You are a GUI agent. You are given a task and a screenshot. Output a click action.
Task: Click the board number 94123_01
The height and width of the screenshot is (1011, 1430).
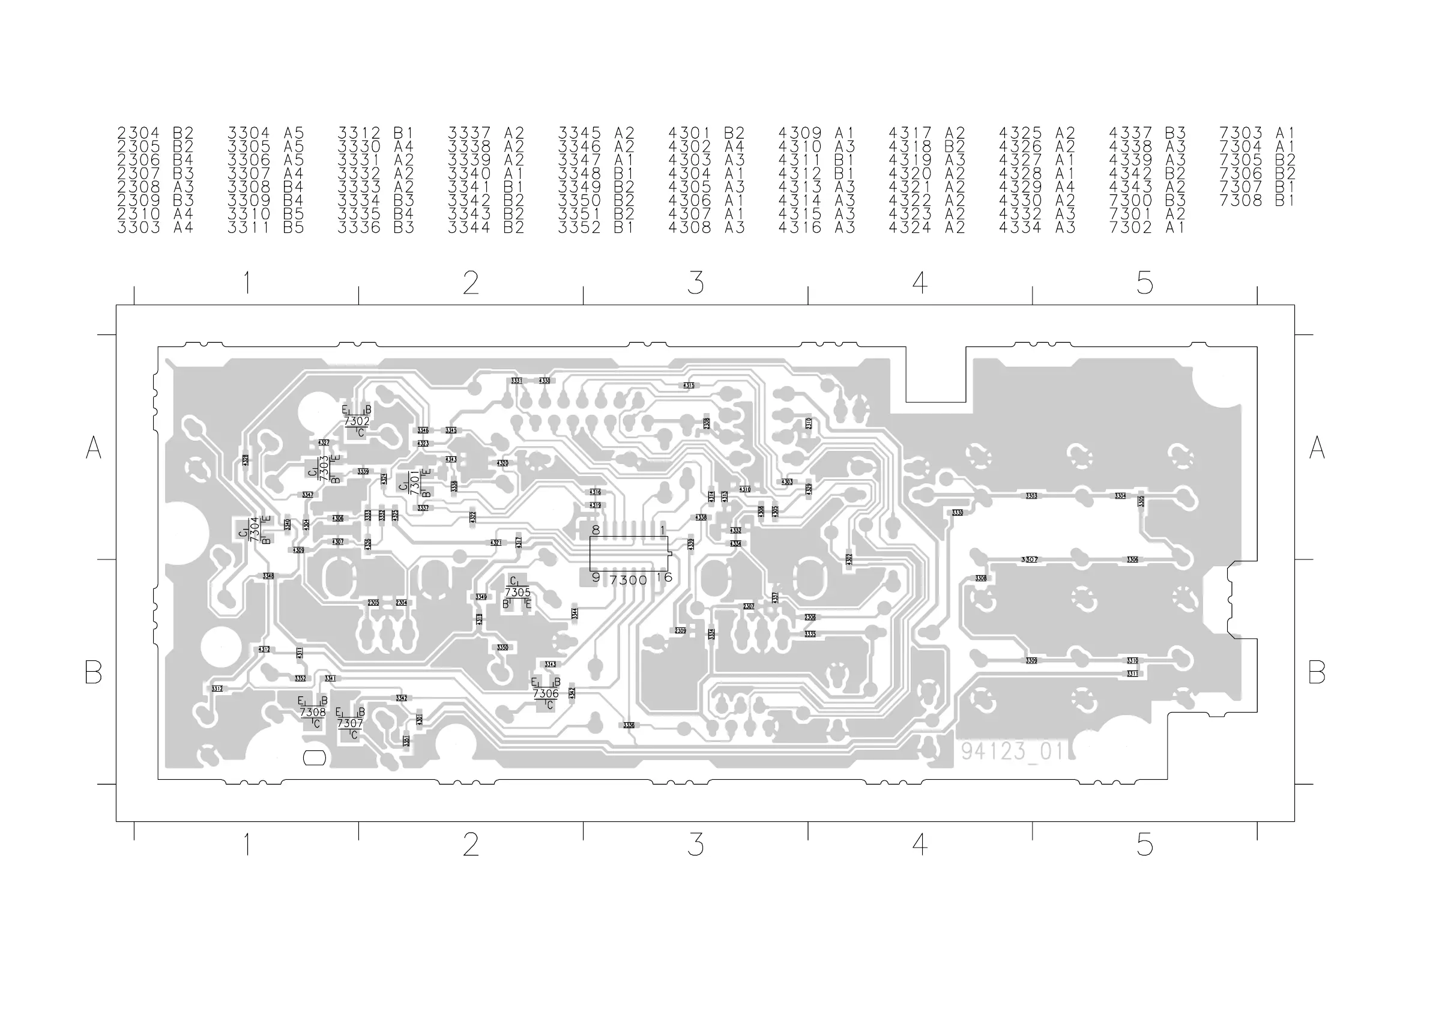click(x=1012, y=751)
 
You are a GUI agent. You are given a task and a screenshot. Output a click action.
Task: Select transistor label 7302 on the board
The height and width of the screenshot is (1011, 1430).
click(x=357, y=421)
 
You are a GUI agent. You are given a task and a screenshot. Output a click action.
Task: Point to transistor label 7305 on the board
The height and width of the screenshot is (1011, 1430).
click(x=517, y=593)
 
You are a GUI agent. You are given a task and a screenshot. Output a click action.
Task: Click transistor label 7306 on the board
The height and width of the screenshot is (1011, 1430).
click(x=546, y=693)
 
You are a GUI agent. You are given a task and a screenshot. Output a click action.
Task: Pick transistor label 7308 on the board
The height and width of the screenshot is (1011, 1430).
click(x=313, y=712)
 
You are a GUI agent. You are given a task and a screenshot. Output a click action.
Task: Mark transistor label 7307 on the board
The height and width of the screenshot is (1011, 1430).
click(x=350, y=723)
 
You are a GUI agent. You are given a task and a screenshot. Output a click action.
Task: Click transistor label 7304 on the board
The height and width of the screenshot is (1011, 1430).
click(x=254, y=529)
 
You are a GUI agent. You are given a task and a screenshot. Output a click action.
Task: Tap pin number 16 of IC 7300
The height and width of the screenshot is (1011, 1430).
click(x=664, y=578)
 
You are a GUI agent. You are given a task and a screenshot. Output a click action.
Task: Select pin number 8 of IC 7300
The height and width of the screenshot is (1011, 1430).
click(x=596, y=530)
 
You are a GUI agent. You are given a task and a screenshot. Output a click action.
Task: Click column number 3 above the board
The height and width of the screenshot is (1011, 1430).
click(x=695, y=283)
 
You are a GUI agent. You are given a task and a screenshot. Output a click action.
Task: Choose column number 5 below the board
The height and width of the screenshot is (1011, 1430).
click(x=1144, y=845)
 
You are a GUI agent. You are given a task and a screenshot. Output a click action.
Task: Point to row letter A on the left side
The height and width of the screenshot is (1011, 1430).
click(x=94, y=447)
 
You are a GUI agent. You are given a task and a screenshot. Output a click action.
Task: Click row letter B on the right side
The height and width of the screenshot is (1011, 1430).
click(x=1317, y=672)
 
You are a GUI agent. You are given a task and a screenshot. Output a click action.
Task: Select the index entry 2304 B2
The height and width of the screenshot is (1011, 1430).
click(x=155, y=133)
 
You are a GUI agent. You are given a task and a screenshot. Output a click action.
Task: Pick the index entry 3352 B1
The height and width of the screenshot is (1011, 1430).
click(x=596, y=228)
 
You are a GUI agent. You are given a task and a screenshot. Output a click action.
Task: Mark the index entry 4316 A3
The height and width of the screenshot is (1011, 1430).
click(x=816, y=228)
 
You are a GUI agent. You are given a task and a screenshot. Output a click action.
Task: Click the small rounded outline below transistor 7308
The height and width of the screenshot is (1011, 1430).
click(x=314, y=758)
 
